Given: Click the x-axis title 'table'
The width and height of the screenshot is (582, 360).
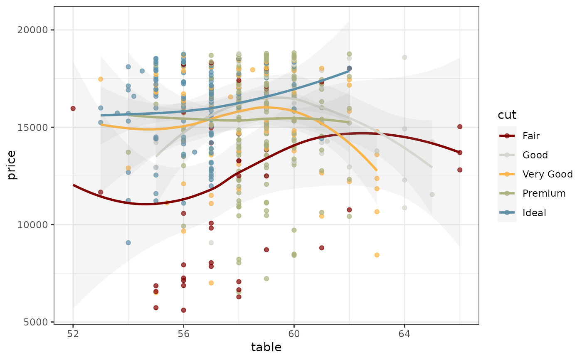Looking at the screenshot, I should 266,348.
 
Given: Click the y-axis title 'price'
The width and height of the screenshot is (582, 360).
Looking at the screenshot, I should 11,165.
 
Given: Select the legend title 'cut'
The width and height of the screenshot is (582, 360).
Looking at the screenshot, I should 507,115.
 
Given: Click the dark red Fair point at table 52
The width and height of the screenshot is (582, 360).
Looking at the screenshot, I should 73,108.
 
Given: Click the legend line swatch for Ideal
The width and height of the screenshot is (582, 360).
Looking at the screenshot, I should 507,213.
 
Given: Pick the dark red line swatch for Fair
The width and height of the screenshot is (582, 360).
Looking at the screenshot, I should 507,136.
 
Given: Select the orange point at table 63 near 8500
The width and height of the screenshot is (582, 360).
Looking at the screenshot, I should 377,255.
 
